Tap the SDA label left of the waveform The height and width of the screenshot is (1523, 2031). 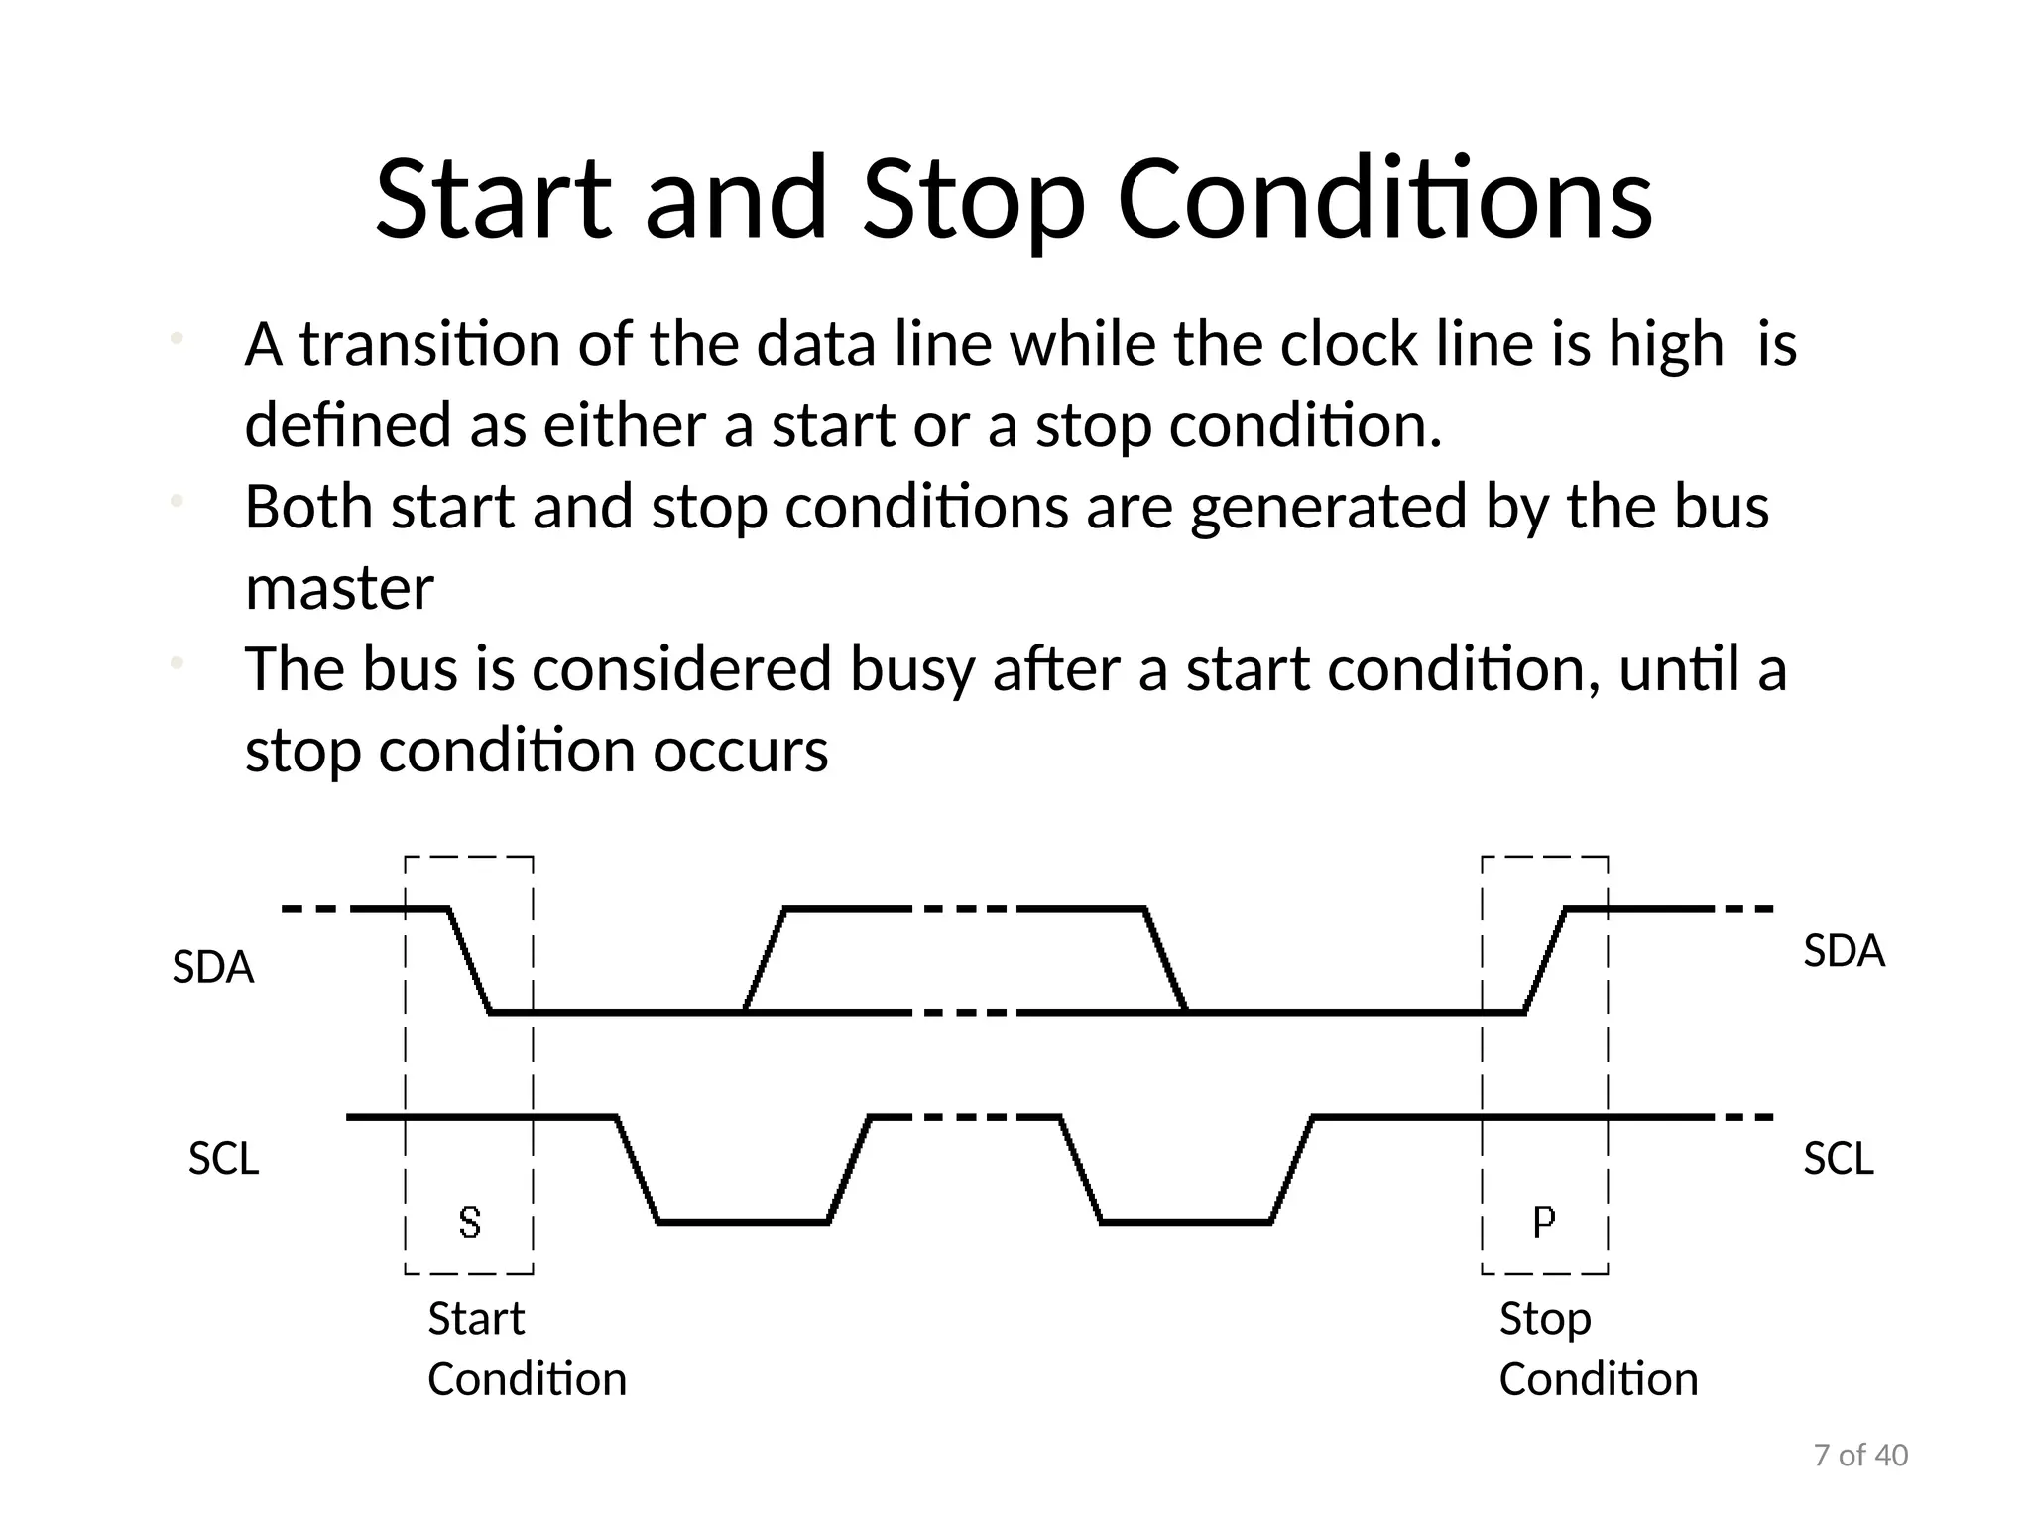click(x=213, y=967)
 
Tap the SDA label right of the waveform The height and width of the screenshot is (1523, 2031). click(x=1843, y=951)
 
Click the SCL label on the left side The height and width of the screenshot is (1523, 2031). click(x=223, y=1159)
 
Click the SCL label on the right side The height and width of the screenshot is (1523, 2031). click(x=1838, y=1159)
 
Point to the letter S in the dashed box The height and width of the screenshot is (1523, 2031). click(x=470, y=1223)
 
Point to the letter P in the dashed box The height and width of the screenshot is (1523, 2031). click(x=1543, y=1223)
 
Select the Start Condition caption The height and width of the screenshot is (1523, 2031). click(x=526, y=1348)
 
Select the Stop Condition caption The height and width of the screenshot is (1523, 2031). click(x=1597, y=1348)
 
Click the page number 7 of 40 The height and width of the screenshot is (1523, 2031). click(x=1860, y=1456)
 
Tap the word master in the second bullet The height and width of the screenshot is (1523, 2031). click(x=339, y=589)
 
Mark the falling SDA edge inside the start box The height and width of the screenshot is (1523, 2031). click(x=470, y=960)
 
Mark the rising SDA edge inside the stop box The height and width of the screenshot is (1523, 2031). click(x=1545, y=960)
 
